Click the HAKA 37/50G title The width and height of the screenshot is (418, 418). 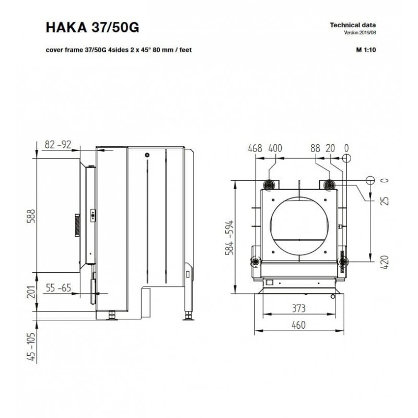pyautogui.click(x=92, y=27)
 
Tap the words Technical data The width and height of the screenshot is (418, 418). pyautogui.click(x=353, y=25)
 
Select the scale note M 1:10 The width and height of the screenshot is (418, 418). pyautogui.click(x=366, y=50)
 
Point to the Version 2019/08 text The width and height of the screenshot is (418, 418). pyautogui.click(x=360, y=33)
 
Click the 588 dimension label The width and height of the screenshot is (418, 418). pyautogui.click(x=31, y=216)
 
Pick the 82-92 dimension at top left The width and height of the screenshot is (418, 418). pyautogui.click(x=58, y=145)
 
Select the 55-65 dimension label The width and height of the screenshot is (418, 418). pyautogui.click(x=59, y=288)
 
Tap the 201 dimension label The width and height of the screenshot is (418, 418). pyautogui.click(x=31, y=292)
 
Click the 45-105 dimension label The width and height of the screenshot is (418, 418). pyautogui.click(x=31, y=346)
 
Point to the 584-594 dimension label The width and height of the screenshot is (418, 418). pyautogui.click(x=229, y=238)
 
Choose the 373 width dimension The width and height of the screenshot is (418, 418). pyautogui.click(x=298, y=308)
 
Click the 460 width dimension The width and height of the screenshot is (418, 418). pyautogui.click(x=298, y=325)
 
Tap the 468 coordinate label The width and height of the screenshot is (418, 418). pyautogui.click(x=255, y=148)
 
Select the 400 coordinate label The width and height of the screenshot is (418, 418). pyautogui.click(x=275, y=148)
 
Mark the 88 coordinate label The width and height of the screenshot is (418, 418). pyautogui.click(x=315, y=148)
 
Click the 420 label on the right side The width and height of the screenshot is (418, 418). pyautogui.click(x=385, y=262)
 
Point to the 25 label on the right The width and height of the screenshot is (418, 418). pyautogui.click(x=385, y=201)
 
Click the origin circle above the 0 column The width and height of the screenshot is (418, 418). pyautogui.click(x=346, y=158)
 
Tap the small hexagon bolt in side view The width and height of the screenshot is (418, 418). pyautogui.click(x=147, y=155)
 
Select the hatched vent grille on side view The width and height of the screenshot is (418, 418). pyautogui.click(x=77, y=225)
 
